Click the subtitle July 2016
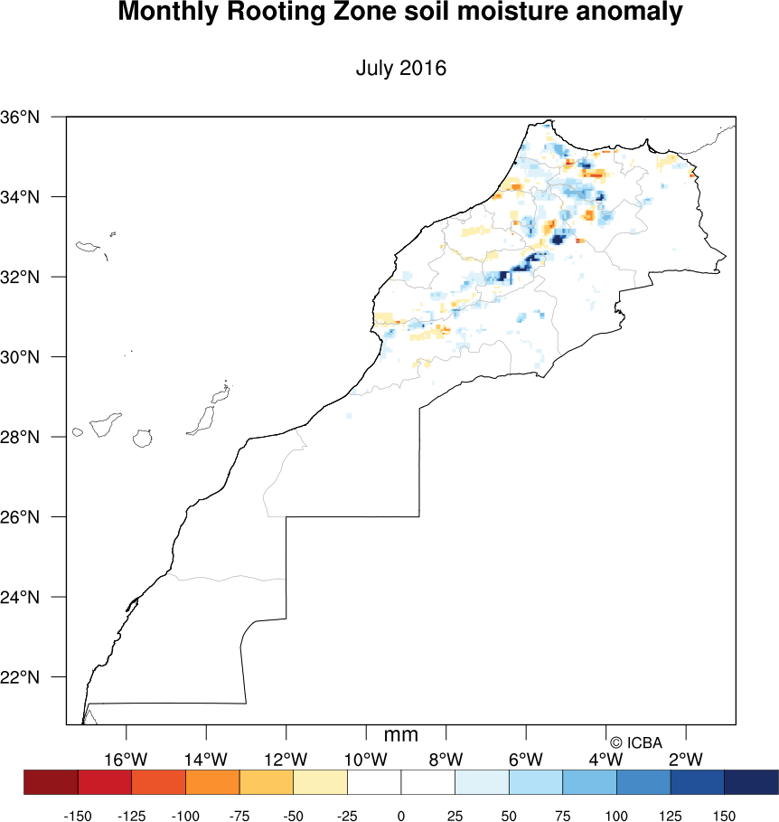(x=401, y=68)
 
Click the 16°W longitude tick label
(x=126, y=759)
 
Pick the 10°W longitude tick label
(x=366, y=759)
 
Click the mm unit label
(x=401, y=735)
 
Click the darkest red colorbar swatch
(x=51, y=781)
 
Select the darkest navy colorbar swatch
(x=751, y=781)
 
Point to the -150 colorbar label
(x=78, y=817)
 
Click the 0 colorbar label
(x=401, y=817)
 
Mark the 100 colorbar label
(x=617, y=817)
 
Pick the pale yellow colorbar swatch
(x=320, y=781)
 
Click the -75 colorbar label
(x=239, y=817)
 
